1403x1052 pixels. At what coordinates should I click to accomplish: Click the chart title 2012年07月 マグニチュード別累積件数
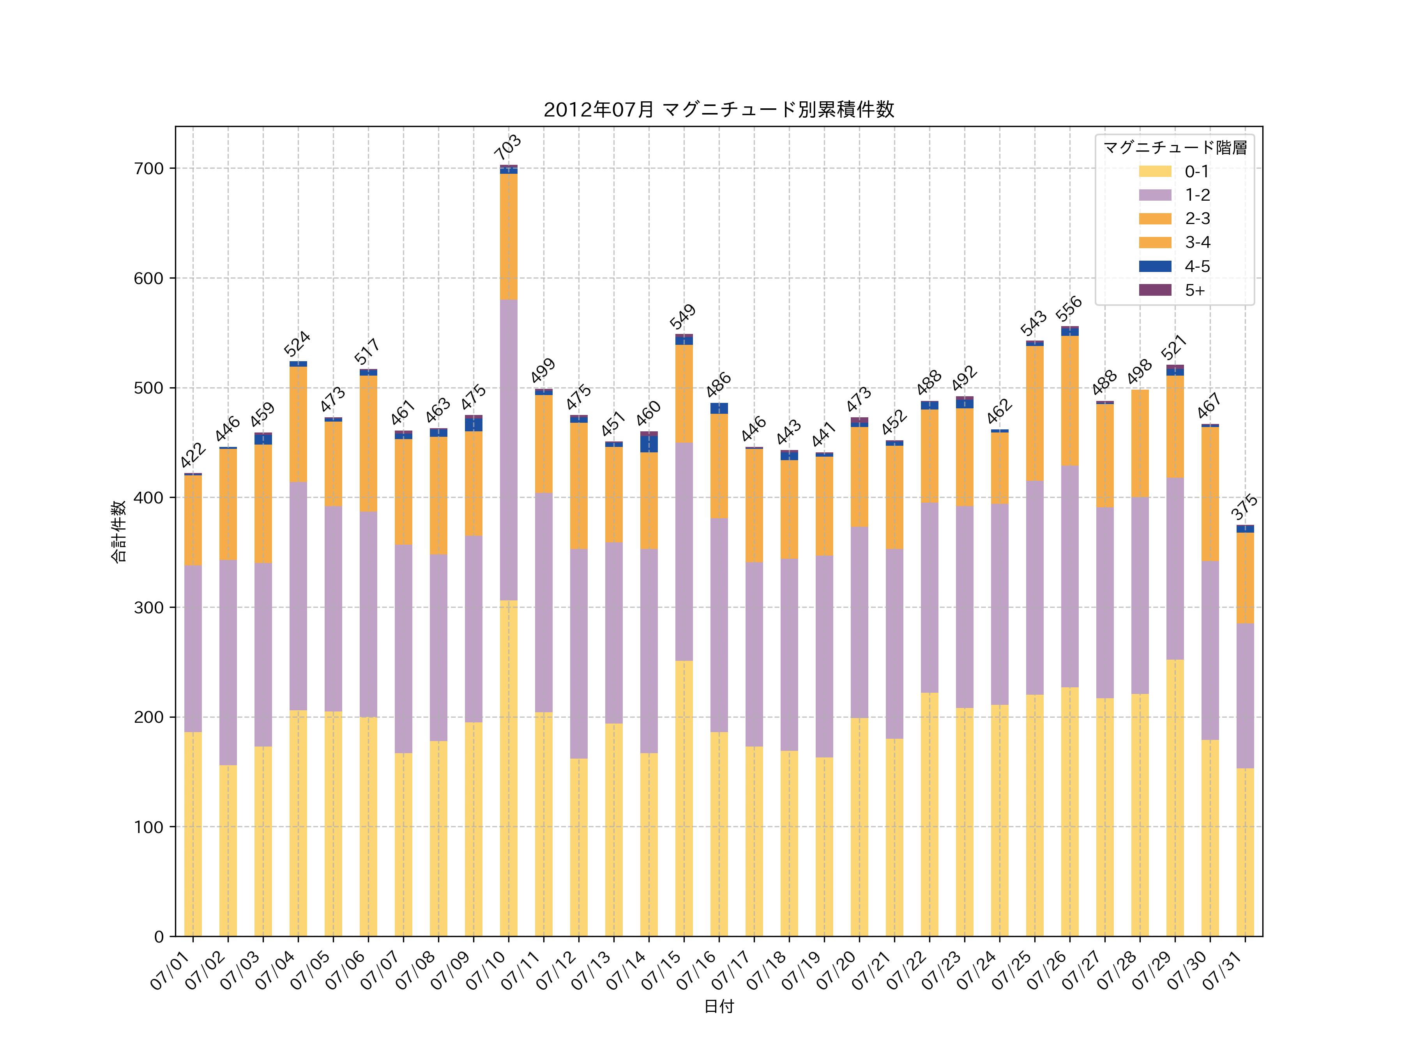point(719,110)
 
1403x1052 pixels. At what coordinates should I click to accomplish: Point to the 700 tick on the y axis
point(149,169)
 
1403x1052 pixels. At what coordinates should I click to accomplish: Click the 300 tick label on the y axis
point(149,607)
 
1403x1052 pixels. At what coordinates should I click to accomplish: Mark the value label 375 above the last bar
point(1244,507)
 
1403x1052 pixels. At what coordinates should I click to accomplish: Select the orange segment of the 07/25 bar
point(1034,413)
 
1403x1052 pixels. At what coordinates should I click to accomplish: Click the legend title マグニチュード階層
point(1175,148)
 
